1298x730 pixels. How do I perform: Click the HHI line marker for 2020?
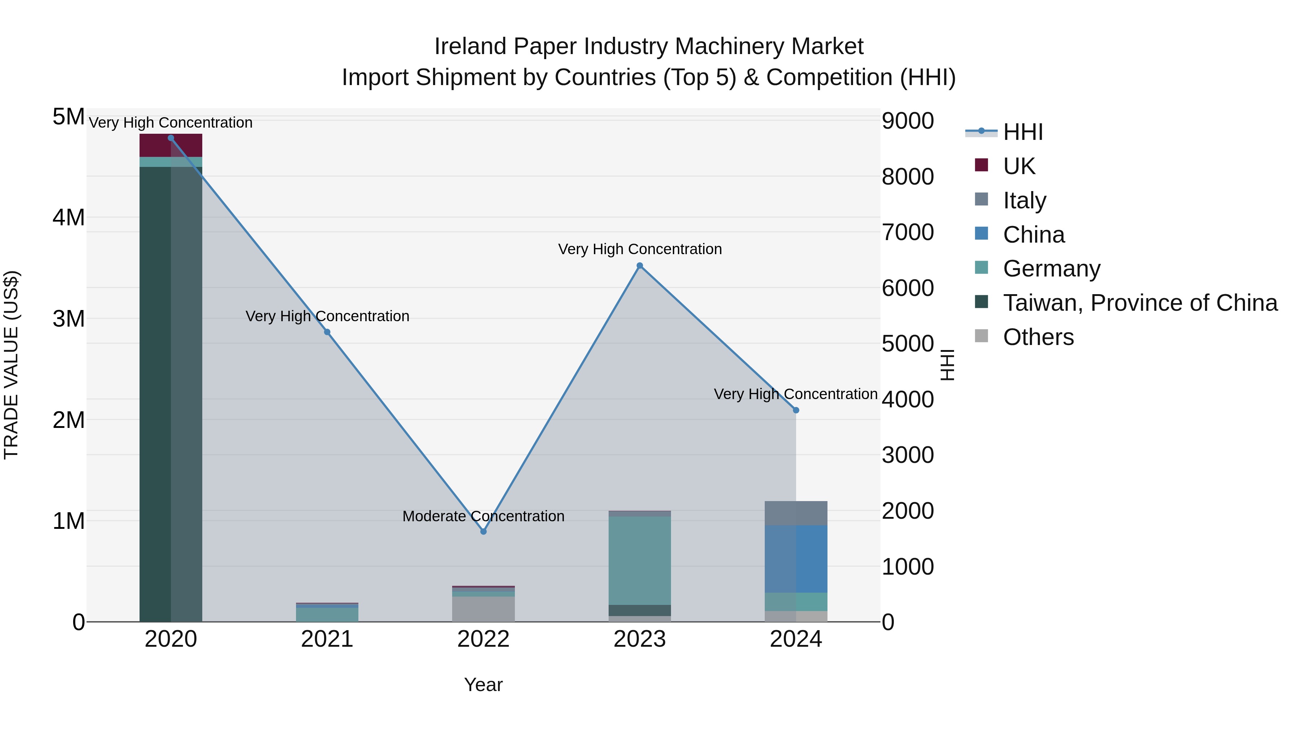tap(171, 138)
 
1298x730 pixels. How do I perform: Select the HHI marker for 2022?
tap(483, 531)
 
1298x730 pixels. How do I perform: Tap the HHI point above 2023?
tap(640, 265)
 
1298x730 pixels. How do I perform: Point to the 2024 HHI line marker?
tap(796, 410)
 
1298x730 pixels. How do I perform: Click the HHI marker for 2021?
tap(327, 332)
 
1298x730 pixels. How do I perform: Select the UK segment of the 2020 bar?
tap(171, 146)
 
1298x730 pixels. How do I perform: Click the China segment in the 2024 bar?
tap(796, 559)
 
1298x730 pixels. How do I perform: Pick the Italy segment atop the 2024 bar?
tap(796, 513)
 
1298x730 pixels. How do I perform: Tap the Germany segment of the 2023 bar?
tap(640, 560)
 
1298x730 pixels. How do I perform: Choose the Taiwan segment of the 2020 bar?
tap(171, 393)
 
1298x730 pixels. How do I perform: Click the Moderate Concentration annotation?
tap(483, 516)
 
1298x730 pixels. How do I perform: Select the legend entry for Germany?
tap(1052, 269)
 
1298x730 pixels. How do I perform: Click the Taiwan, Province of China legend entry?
tap(1140, 303)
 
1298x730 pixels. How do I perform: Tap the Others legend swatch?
tap(981, 336)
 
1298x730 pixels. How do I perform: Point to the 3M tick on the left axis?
tap(69, 319)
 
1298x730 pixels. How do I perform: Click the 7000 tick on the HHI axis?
tap(908, 232)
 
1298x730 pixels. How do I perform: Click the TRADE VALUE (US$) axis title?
tap(11, 365)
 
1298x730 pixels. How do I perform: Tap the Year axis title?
tap(483, 685)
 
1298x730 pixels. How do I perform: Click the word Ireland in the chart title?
tap(470, 47)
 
